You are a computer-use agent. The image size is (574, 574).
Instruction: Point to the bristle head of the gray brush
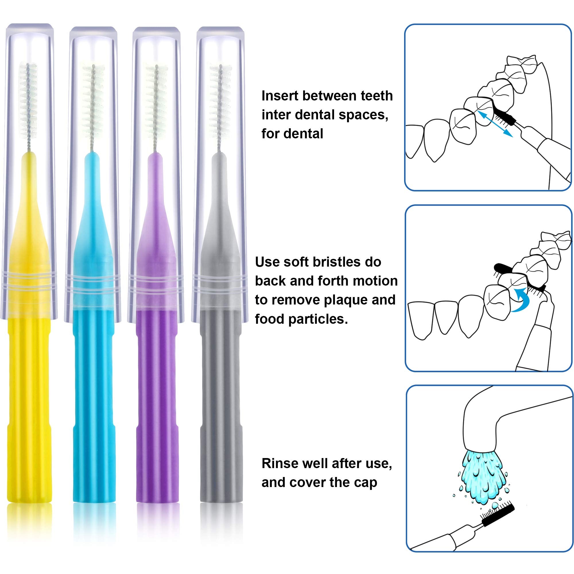220,98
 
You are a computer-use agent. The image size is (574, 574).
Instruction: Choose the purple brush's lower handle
157,416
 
